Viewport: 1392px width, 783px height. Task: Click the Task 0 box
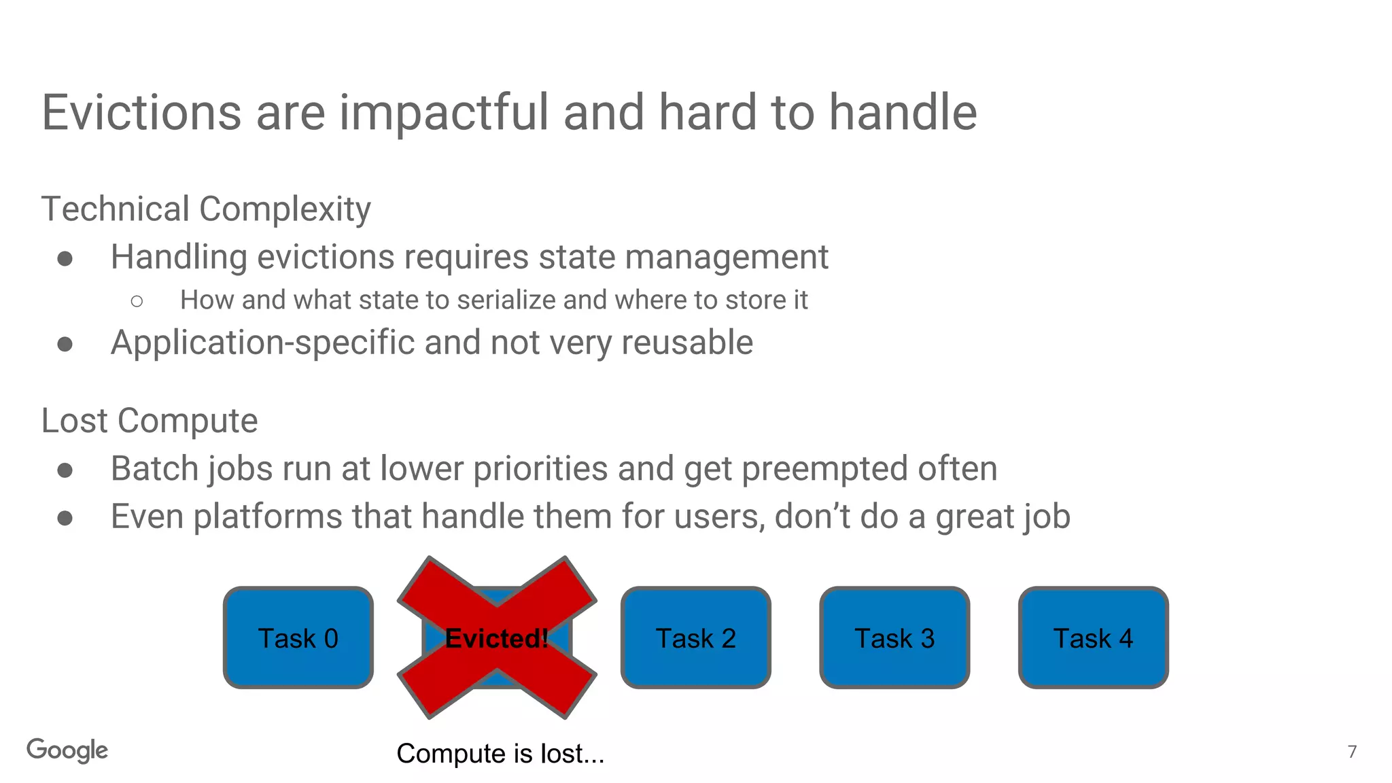[x=298, y=638]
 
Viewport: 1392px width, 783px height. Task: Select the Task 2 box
[x=695, y=638]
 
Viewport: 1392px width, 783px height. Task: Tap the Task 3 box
[x=894, y=638]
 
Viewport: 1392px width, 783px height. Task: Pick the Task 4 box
[x=1093, y=638]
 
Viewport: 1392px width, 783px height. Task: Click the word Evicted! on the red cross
[x=496, y=638]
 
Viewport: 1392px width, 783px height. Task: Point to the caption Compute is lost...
[x=500, y=753]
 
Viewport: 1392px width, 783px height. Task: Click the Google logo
[x=67, y=750]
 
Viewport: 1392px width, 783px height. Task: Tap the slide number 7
[x=1352, y=751]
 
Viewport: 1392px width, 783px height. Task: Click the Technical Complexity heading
[x=206, y=209]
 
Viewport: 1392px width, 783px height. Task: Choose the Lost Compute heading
[x=150, y=420]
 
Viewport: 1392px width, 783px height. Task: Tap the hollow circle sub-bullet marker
[x=137, y=301]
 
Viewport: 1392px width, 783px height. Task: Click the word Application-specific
[x=262, y=342]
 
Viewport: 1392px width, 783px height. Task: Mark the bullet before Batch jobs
[x=65, y=470]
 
